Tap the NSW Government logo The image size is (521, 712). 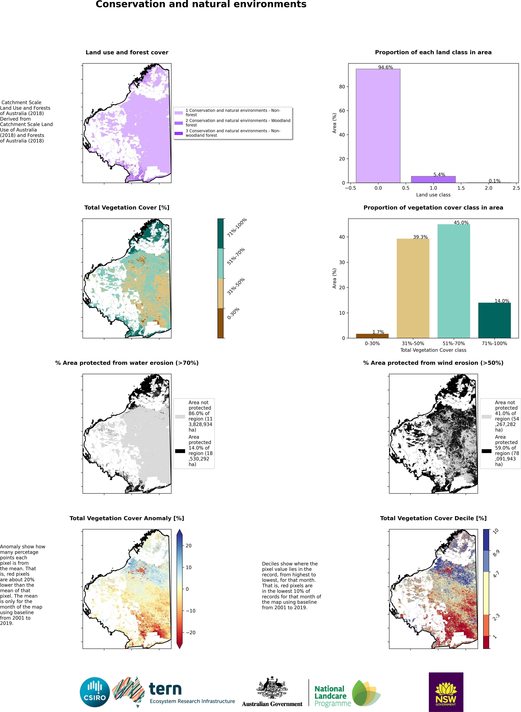(446, 692)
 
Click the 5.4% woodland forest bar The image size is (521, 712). (433, 180)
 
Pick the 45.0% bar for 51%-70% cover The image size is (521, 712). (454, 281)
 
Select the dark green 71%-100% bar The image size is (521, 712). (494, 320)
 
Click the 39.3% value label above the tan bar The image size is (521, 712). (420, 237)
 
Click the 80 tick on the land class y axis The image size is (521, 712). (342, 87)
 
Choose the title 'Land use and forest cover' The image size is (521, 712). (127, 52)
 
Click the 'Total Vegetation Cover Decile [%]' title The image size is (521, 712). (433, 518)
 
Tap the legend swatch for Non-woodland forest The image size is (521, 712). (179, 133)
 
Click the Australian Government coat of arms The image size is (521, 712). (272, 688)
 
